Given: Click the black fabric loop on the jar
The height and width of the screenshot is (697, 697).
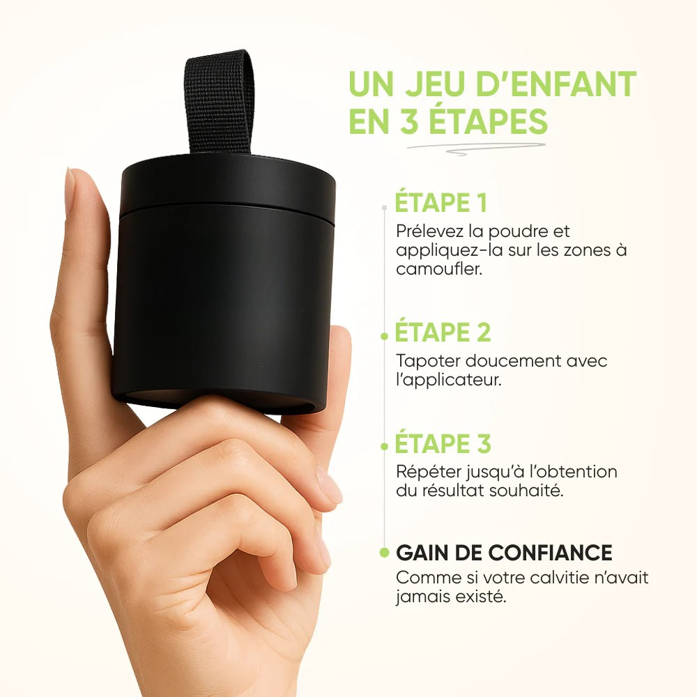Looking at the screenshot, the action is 219,102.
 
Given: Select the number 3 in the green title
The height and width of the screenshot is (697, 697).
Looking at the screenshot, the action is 409,121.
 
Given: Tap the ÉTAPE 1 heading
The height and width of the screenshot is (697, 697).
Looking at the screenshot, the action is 441,203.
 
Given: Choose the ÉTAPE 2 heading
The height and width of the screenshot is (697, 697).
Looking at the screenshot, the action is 443,332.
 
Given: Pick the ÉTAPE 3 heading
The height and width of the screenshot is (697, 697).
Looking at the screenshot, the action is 443,443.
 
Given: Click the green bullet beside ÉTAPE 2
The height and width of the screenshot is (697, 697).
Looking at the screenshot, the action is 385,336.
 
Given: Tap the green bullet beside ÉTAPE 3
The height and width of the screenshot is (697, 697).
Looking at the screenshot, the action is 385,447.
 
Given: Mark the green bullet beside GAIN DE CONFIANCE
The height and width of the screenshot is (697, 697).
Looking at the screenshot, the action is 385,553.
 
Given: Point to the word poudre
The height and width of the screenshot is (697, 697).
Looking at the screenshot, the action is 517,232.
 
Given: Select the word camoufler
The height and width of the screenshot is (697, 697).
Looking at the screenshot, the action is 439,269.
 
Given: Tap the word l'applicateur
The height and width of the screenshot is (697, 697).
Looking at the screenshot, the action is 448,381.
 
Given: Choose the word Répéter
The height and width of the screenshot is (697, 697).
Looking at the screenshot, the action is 428,472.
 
